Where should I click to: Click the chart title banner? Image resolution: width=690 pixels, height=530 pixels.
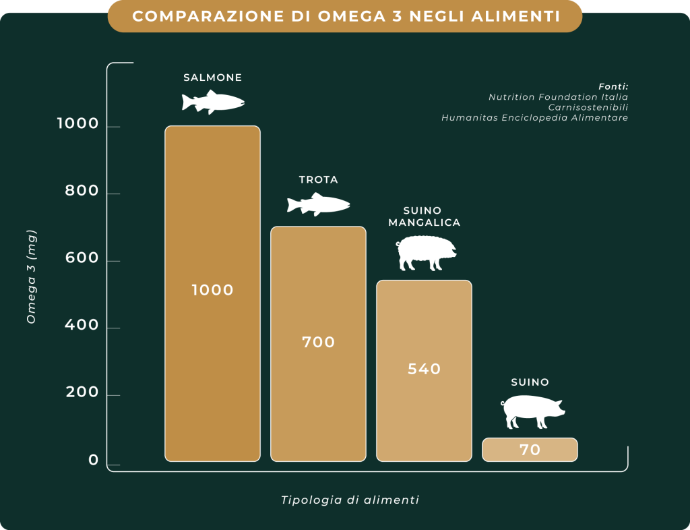345,16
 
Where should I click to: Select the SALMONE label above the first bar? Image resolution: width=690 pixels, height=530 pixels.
212,78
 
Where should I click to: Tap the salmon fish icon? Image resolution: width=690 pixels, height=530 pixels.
212,102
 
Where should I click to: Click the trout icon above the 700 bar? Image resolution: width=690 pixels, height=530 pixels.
318,204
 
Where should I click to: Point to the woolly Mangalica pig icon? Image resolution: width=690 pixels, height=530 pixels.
425,254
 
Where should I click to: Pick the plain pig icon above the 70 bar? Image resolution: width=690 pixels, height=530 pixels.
532,411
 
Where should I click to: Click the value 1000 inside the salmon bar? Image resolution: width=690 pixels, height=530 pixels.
212,290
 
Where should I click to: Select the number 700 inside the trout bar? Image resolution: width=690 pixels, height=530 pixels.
318,342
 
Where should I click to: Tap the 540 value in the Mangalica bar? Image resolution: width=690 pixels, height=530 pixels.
424,369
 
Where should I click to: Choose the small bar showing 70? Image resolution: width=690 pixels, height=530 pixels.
530,450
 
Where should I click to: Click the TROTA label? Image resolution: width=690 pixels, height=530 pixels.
318,180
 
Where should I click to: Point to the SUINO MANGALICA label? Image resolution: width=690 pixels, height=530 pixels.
424,217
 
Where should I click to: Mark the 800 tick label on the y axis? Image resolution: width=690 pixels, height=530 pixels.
82,192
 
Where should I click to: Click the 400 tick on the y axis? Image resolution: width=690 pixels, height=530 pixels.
82,326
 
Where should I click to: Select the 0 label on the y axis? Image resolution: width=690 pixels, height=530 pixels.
93,461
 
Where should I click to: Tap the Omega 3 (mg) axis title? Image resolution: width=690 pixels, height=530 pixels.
31,276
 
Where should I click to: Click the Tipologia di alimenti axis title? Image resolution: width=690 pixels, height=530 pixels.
350,500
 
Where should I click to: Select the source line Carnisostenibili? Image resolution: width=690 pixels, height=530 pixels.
588,107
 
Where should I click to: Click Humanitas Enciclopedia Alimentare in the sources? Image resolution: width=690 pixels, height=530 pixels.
534,118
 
